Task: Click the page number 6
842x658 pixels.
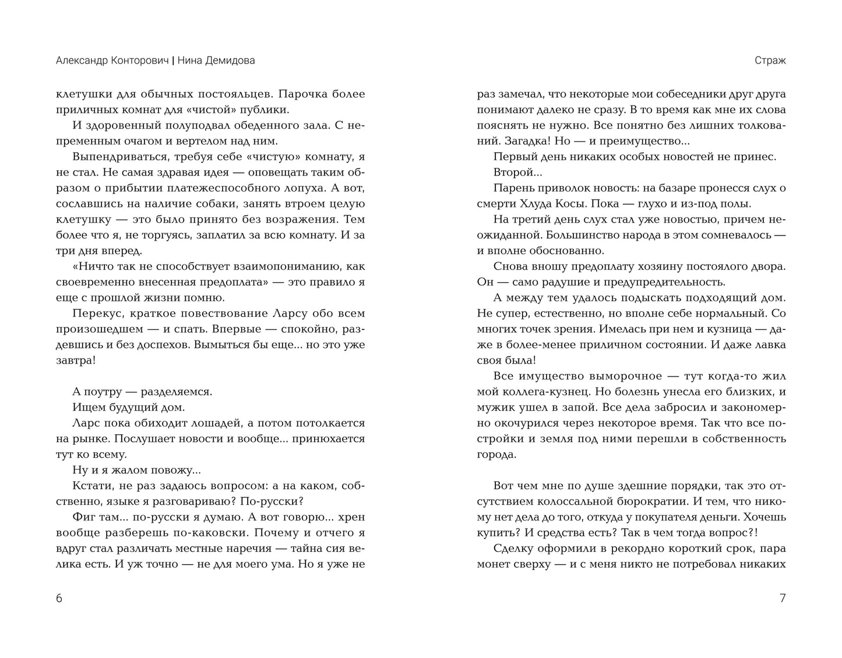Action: [x=59, y=599]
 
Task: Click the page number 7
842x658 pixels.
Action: [x=782, y=599]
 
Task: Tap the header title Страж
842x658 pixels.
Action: [x=770, y=61]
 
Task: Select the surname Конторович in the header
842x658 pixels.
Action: [x=138, y=61]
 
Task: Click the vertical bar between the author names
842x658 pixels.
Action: [x=173, y=61]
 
